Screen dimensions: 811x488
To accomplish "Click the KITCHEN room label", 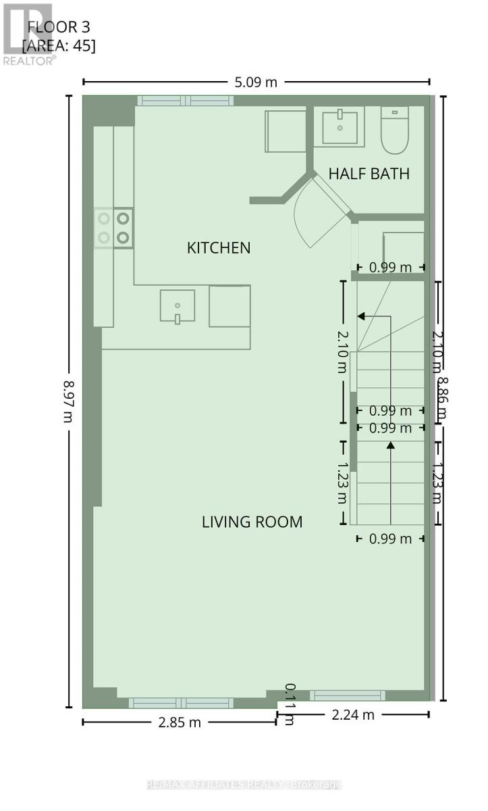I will coord(219,248).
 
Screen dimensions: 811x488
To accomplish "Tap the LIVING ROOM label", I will coord(252,522).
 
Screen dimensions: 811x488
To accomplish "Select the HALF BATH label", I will coord(369,174).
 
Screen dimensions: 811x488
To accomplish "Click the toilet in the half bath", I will coord(395,130).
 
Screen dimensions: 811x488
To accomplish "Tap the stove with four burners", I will coord(113,228).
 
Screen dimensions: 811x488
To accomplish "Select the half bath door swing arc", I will coord(310,216).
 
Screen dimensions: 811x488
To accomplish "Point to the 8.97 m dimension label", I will coord(67,401).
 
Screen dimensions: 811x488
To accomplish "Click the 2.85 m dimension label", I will coord(179,722).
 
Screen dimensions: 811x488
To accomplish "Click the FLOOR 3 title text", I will coord(59,28).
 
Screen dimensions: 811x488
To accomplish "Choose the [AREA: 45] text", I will coord(59,46).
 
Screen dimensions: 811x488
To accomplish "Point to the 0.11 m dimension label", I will coord(289,704).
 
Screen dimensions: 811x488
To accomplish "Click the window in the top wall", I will coord(186,101).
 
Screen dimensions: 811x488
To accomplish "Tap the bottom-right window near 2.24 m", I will coord(347,695).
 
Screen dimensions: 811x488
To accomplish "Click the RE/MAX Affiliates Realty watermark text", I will coord(244,785).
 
